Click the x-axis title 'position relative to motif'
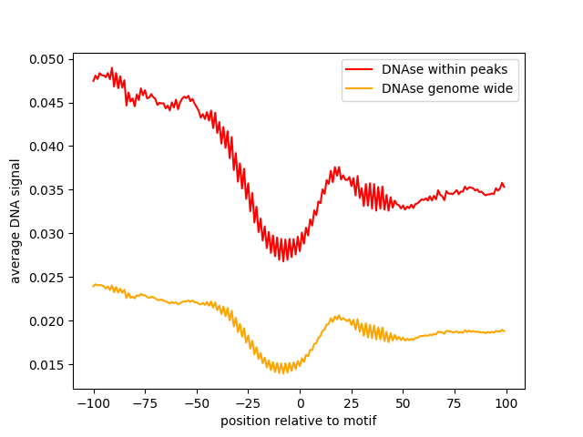(299, 421)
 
